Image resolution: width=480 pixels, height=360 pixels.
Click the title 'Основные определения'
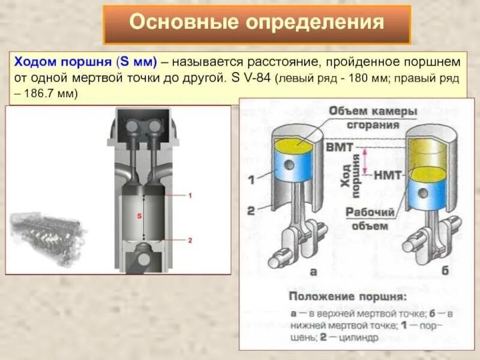tap(257, 23)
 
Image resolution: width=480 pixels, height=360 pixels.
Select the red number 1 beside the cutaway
tap(190, 196)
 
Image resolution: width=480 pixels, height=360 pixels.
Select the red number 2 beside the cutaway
tap(190, 241)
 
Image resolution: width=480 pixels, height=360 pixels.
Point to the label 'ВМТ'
tap(339, 146)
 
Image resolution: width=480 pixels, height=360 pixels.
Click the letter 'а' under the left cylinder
tap(313, 272)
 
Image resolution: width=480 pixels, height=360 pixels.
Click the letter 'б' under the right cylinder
tap(445, 271)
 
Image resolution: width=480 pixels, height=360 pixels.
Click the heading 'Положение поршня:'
tap(347, 297)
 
